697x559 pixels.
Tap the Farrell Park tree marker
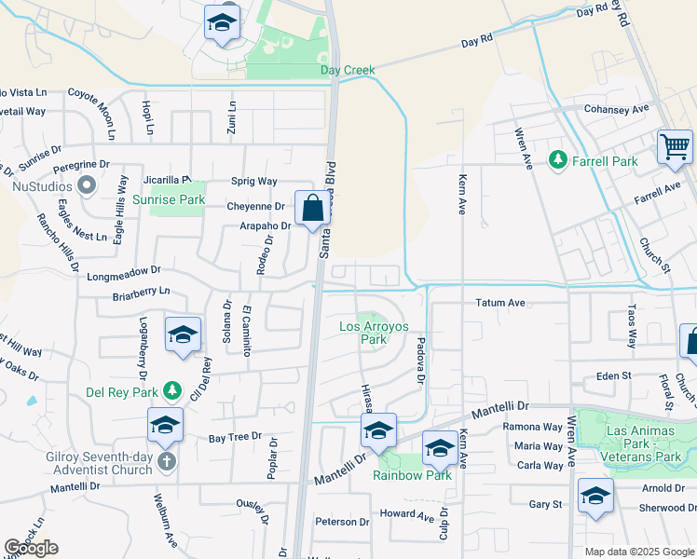point(558,161)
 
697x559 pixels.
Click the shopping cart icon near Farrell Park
point(675,147)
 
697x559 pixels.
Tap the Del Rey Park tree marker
point(171,390)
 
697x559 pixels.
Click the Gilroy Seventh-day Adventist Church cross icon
point(165,460)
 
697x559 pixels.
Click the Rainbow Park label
point(413,475)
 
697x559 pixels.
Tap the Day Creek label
point(347,70)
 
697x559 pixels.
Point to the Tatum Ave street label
point(501,303)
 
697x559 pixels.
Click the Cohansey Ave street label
point(616,109)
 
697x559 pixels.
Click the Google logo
point(32,548)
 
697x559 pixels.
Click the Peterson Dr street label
point(335,522)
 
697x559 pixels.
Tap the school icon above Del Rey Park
point(183,334)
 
